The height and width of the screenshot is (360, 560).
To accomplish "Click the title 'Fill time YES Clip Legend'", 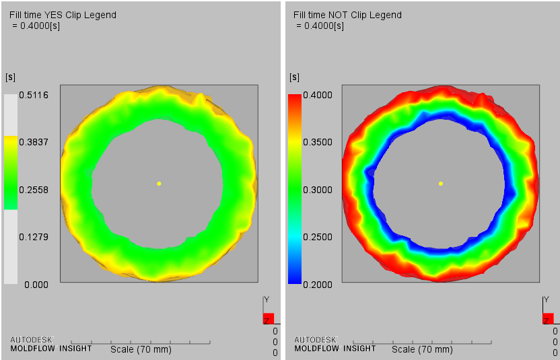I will pos(63,15).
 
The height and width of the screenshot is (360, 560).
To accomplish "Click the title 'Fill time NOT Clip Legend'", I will pos(347,15).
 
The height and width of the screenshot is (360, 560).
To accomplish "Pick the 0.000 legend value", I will pos(36,285).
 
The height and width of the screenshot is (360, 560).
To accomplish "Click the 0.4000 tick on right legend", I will pos(318,95).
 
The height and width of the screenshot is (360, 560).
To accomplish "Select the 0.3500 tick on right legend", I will pos(318,143).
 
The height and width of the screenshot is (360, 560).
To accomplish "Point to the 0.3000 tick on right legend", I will pos(318,190).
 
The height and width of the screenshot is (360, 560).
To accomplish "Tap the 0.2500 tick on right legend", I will pos(318,238).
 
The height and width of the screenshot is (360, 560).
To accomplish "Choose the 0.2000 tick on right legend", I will pos(318,285).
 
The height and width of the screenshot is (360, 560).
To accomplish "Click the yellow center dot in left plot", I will pos(159,183).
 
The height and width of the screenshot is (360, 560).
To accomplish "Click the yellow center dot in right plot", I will pos(441,183).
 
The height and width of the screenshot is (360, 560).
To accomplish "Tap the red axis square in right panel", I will pos(548,318).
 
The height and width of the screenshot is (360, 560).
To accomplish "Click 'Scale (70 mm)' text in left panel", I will pos(141,349).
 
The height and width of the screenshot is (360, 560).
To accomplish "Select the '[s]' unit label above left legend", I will pos(10,77).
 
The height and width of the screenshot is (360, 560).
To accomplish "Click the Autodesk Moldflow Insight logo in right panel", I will pos(335,344).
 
